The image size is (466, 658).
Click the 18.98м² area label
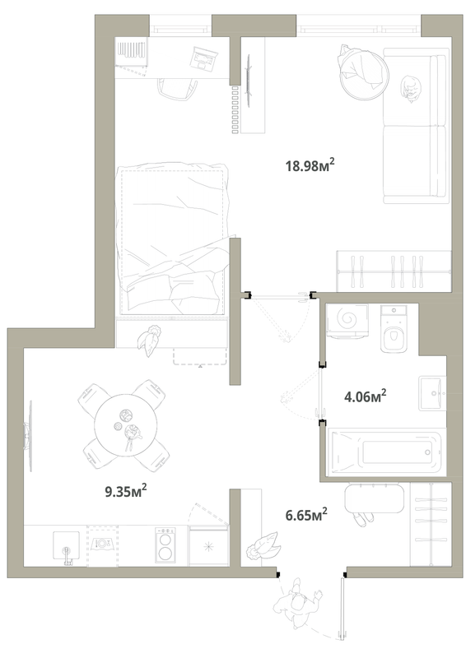310,165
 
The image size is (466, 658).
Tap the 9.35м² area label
126,490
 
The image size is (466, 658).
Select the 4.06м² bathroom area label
366,396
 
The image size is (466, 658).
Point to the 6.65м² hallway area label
306,515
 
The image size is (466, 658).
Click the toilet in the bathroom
394,328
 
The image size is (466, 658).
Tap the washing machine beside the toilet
347,321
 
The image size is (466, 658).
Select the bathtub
387,452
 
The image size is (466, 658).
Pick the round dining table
125,424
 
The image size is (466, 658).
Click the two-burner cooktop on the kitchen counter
165,545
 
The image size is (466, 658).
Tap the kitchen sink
66,547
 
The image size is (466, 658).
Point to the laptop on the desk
203,58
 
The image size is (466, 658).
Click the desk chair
178,90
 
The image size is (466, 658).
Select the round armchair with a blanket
363,72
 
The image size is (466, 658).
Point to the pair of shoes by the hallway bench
363,519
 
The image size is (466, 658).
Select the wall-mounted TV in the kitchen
29,436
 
